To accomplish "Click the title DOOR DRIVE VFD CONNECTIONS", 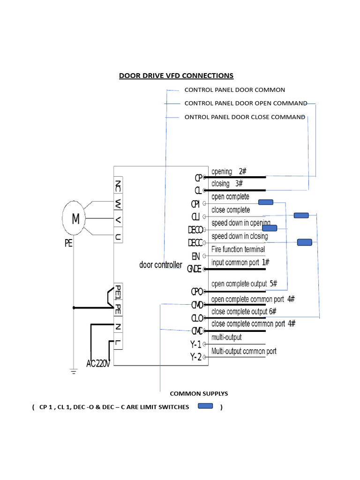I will click(x=176, y=75).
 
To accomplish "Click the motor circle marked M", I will click(x=75, y=218).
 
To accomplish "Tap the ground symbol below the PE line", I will click(x=74, y=372).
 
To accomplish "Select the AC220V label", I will click(x=98, y=363).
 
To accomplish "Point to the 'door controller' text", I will click(x=161, y=265).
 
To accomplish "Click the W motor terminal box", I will click(x=118, y=204).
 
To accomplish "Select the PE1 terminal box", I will click(x=118, y=291).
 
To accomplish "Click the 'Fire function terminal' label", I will click(x=238, y=249).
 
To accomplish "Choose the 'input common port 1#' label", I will click(x=240, y=262).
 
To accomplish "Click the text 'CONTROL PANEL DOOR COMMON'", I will click(x=234, y=90).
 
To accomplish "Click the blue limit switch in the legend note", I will click(x=205, y=406).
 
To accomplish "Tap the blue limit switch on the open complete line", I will click(x=266, y=202).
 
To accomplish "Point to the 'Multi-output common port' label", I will click(x=244, y=351).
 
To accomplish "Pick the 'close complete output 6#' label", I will click(x=244, y=311).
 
